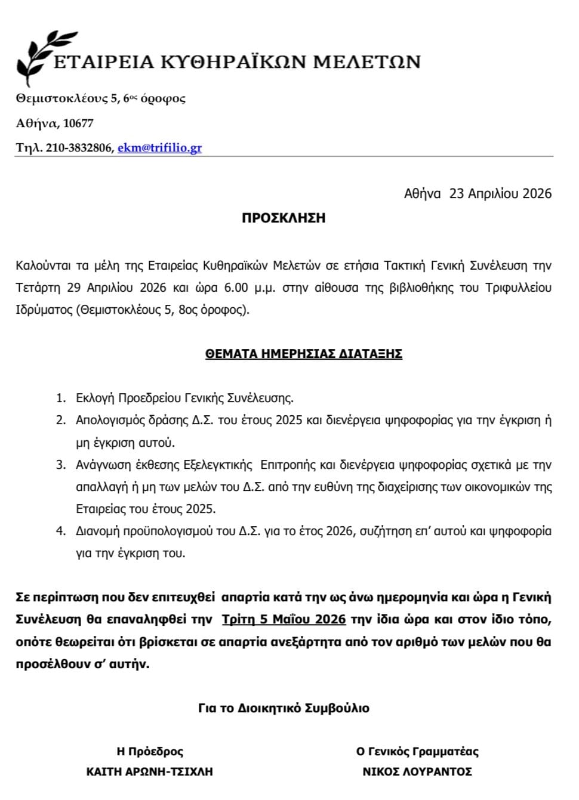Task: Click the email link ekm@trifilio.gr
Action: click(x=159, y=148)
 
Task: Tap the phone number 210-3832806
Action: click(x=78, y=148)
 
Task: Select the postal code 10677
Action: click(x=78, y=123)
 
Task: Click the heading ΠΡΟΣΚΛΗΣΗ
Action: click(x=284, y=218)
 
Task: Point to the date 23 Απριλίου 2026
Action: click(x=500, y=193)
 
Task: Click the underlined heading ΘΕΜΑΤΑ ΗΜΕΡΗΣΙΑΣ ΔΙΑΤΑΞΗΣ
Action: click(x=303, y=354)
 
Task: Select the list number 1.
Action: click(x=60, y=398)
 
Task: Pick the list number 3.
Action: click(x=60, y=465)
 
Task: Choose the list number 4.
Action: click(x=60, y=531)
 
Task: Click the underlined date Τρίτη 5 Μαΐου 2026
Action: click(x=284, y=619)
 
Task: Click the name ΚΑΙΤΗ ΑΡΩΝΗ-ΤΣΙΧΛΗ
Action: click(x=149, y=771)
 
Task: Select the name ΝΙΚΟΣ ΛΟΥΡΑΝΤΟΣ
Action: click(x=417, y=771)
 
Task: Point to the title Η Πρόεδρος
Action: click(x=149, y=751)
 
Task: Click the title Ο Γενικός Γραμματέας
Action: click(x=417, y=751)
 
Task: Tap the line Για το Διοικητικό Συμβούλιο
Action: click(x=284, y=708)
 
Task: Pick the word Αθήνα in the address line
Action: click(x=38, y=123)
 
